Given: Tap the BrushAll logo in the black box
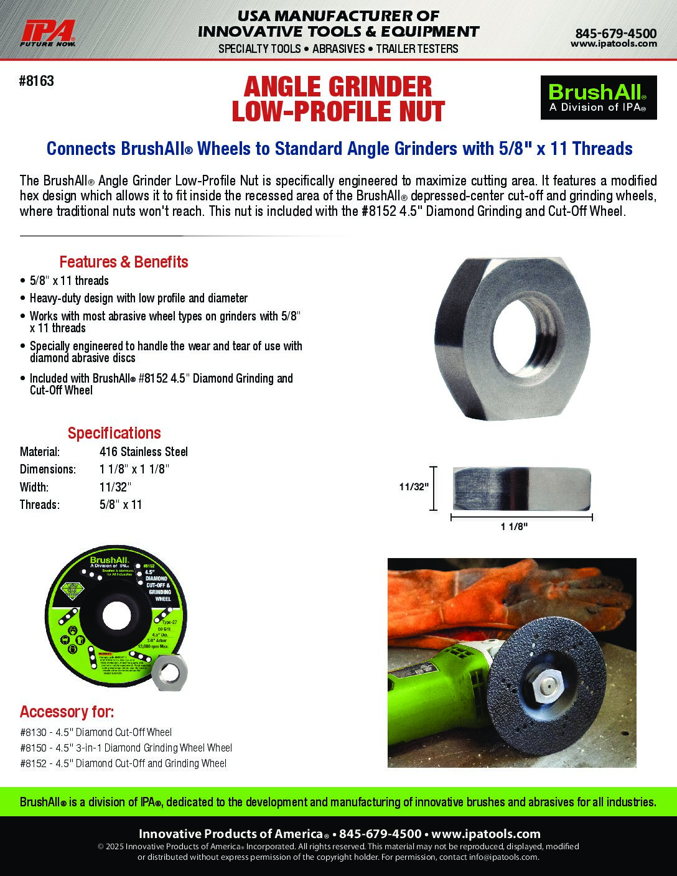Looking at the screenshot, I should click(x=598, y=98).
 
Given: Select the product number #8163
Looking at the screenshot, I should click(x=37, y=81).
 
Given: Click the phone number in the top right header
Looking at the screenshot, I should click(x=615, y=33).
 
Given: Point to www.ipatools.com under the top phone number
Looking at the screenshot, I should click(x=613, y=44).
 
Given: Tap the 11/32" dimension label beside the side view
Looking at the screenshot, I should click(x=414, y=487).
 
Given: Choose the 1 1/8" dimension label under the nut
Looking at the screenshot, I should click(x=514, y=527).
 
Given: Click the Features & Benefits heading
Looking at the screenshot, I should click(x=123, y=262).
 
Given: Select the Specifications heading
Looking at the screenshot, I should click(x=114, y=433).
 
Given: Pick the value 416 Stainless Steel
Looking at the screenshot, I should click(x=143, y=452).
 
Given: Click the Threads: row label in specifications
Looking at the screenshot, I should click(x=40, y=505).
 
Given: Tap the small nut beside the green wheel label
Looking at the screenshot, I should click(x=170, y=673).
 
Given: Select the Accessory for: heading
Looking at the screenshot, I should click(x=67, y=712).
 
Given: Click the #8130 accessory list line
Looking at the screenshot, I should click(x=96, y=732).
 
